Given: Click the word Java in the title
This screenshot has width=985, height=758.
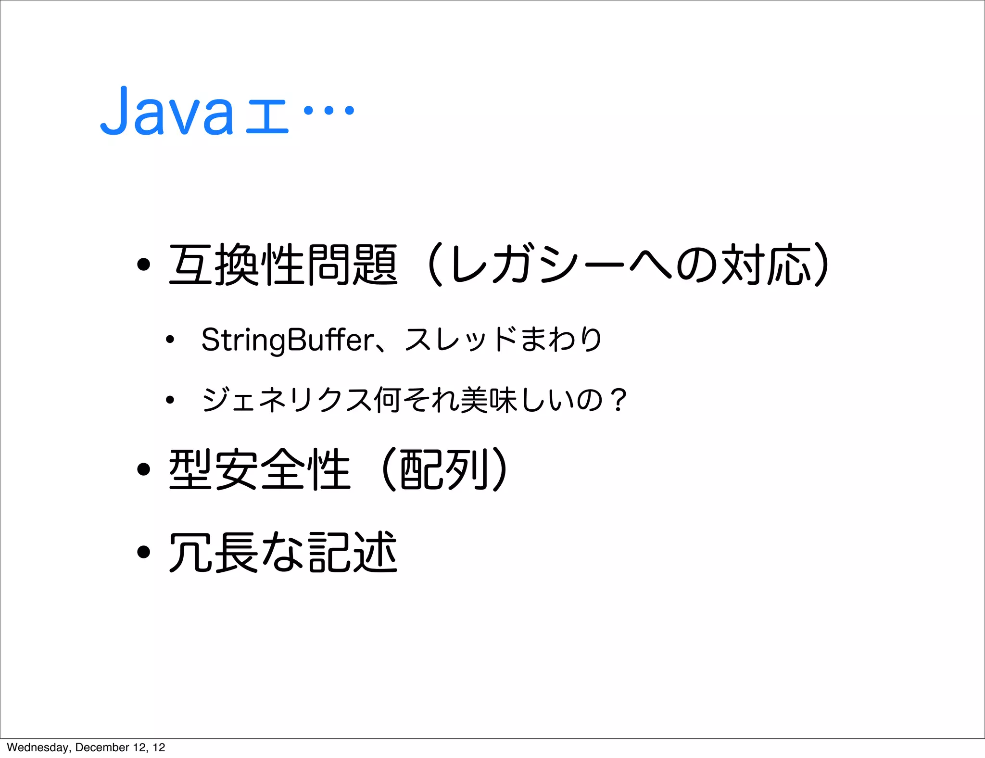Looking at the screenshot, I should pos(166,112).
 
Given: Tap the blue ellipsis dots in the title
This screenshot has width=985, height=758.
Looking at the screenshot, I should pos(329,111).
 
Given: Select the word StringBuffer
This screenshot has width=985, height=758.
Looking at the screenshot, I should pos(287,340).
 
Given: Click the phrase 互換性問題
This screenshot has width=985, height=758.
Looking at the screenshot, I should pos(283,265).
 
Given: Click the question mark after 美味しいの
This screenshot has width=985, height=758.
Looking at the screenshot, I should pos(617,400).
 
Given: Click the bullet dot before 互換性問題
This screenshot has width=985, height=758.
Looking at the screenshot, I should pos(143,265).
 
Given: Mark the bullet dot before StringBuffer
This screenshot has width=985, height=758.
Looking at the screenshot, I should pos(169,340).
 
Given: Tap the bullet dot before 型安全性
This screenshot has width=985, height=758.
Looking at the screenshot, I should pos(143,469).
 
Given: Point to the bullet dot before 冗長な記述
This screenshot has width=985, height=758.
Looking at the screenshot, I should pos(143,552).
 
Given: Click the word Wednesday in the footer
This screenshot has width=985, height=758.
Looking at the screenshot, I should pos(38,747).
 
